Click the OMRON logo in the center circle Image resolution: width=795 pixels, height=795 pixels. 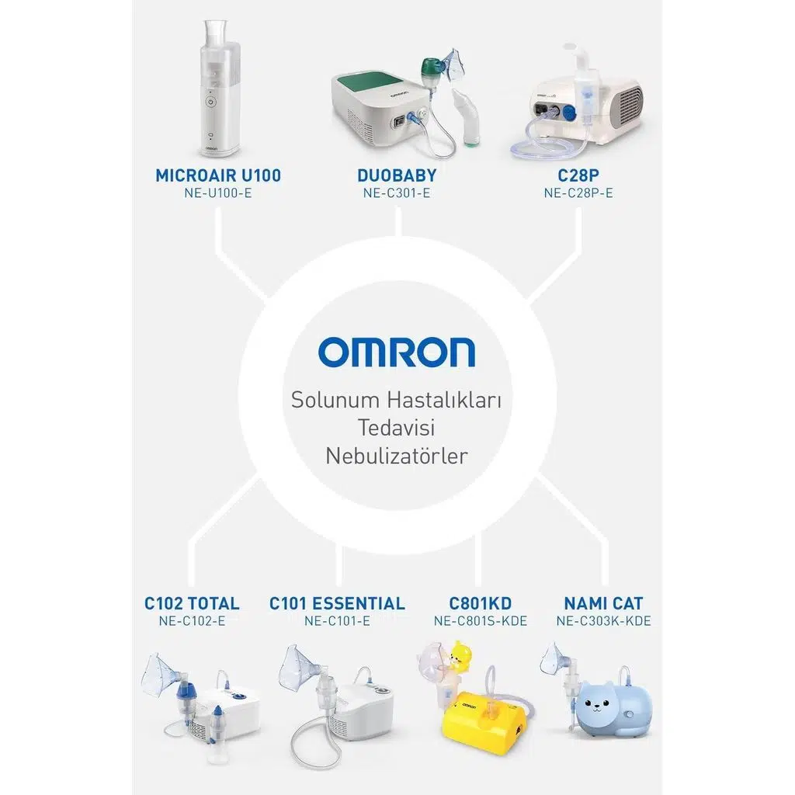click(x=397, y=352)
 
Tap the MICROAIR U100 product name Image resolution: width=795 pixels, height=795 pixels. click(x=218, y=175)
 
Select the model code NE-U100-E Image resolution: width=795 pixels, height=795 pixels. click(x=218, y=193)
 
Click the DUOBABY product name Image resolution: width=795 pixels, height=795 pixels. click(x=397, y=175)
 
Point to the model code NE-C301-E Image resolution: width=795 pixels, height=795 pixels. click(x=397, y=193)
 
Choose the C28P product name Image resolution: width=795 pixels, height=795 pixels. click(x=578, y=175)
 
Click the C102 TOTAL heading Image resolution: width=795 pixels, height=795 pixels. click(x=193, y=603)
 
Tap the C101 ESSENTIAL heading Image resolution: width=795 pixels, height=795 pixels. click(x=337, y=603)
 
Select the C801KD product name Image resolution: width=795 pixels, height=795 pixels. click(x=480, y=603)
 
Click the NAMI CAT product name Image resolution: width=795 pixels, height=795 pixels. click(x=603, y=603)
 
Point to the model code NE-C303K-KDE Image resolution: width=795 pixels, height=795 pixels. click(x=603, y=621)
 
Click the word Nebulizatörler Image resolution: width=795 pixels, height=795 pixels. click(x=397, y=456)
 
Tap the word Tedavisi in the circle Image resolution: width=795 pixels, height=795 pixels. click(x=397, y=428)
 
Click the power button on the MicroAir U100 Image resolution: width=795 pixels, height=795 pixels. click(x=211, y=102)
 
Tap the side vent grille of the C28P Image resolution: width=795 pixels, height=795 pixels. click(x=628, y=106)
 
